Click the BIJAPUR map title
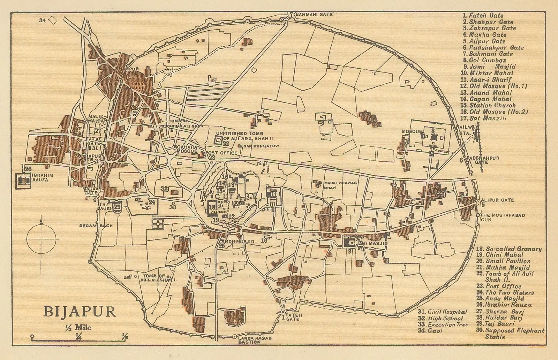click(80, 311)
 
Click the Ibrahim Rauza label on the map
click(42, 177)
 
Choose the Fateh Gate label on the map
click(293, 317)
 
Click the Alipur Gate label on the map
click(497, 200)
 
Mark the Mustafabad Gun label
click(499, 217)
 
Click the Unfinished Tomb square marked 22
click(218, 141)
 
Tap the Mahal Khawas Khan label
click(340, 185)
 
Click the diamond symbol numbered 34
click(53, 20)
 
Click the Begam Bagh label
click(96, 225)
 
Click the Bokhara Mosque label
click(186, 149)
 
